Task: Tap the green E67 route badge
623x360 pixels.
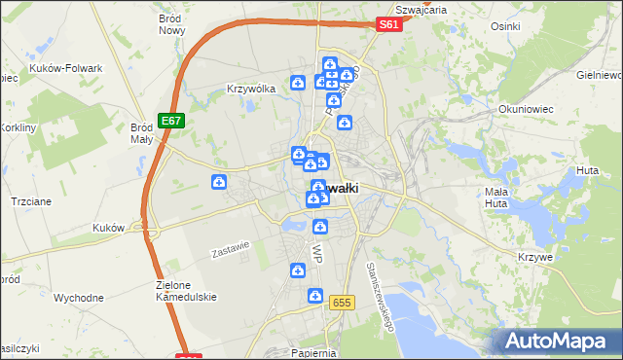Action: coord(171,121)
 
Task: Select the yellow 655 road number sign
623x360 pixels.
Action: coord(340,303)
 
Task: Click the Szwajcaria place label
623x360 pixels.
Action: coord(422,9)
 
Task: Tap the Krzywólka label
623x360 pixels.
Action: coord(251,89)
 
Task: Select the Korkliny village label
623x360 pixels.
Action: coord(18,128)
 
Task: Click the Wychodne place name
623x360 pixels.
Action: coord(79,298)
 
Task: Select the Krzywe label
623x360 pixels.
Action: coord(536,257)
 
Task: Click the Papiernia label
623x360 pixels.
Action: coord(312,353)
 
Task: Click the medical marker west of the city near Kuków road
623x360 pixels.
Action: coord(220,182)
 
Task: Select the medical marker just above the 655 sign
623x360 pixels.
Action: coord(314,296)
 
